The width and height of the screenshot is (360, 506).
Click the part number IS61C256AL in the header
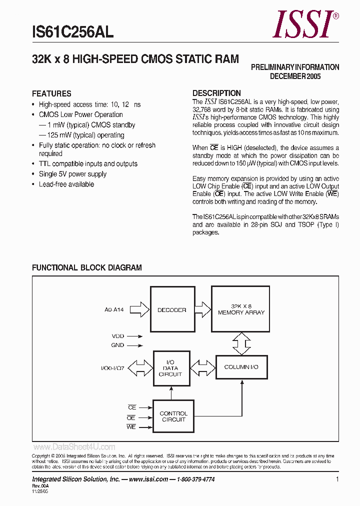click(x=72, y=33)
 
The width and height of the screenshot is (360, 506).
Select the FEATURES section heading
click(x=51, y=93)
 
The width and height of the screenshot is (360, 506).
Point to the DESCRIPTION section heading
click(x=216, y=93)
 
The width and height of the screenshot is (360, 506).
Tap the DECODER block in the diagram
click(x=171, y=309)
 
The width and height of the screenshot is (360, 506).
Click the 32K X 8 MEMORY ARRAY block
click(x=241, y=309)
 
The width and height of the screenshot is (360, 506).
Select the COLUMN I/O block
click(x=241, y=367)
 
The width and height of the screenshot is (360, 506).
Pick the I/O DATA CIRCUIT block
click(x=170, y=368)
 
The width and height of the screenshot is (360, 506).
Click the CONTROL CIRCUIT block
click(x=173, y=416)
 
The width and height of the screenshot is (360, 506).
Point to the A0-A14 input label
click(x=114, y=310)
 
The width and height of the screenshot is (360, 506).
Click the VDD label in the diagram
click(x=117, y=336)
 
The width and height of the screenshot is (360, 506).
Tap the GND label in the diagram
click(x=117, y=345)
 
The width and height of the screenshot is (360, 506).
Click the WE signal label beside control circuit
click(x=131, y=427)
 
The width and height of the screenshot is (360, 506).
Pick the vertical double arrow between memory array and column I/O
click(x=241, y=343)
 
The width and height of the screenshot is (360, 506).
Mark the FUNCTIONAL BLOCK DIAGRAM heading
click(x=86, y=267)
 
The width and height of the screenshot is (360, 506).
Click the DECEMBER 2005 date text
click(x=295, y=76)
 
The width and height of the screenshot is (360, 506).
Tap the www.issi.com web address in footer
click(x=148, y=479)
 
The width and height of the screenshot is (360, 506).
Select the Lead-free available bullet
click(x=66, y=184)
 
